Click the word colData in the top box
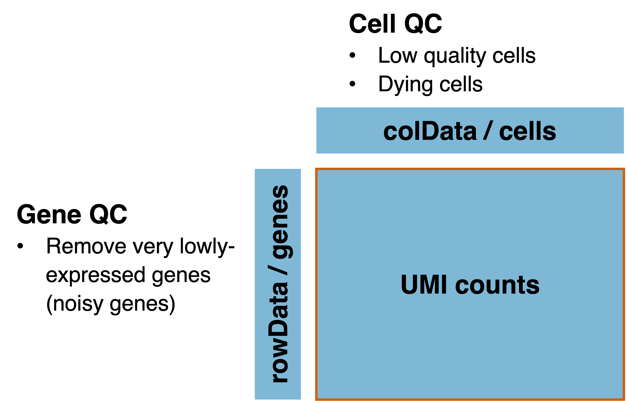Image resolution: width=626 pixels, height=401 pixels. [x=430, y=131]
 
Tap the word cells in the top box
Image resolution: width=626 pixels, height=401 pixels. [x=528, y=131]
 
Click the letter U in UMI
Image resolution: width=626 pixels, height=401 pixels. [x=409, y=285]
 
